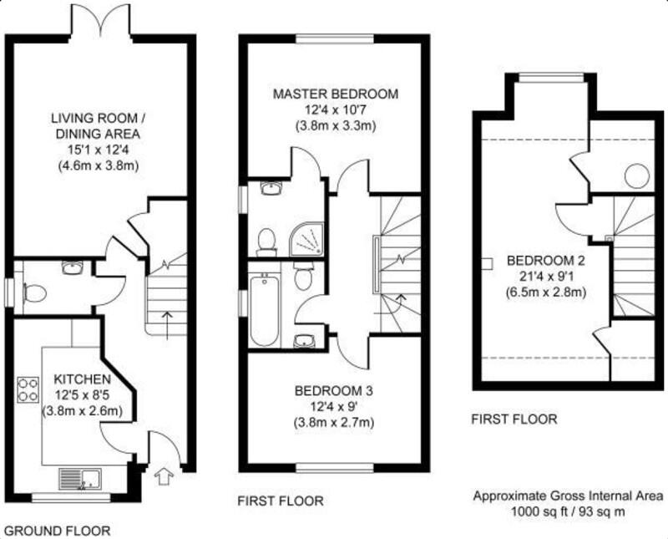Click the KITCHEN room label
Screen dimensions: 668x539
pos(82,379)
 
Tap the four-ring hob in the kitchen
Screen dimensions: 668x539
pos(28,389)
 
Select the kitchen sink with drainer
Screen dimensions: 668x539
pos(80,480)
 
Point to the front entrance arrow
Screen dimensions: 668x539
pos(162,475)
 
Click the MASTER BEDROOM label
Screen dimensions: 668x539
pos(336,94)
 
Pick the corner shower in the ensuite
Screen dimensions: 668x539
pos(306,241)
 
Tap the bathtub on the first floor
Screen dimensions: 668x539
pos(265,310)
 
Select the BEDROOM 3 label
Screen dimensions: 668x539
pos(334,390)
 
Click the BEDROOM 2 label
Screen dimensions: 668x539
pos(546,261)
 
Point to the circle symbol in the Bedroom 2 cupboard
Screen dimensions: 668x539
pos(637,175)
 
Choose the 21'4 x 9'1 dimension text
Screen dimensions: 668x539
pos(546,277)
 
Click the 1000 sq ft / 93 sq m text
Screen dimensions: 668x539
pos(568,511)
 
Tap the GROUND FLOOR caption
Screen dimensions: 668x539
pos(57,531)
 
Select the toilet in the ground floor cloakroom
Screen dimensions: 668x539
pos(34,293)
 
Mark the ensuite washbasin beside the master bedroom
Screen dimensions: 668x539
pos(271,188)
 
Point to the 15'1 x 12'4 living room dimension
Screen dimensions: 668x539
pos(99,150)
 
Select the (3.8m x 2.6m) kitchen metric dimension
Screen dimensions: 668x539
pos(83,411)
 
